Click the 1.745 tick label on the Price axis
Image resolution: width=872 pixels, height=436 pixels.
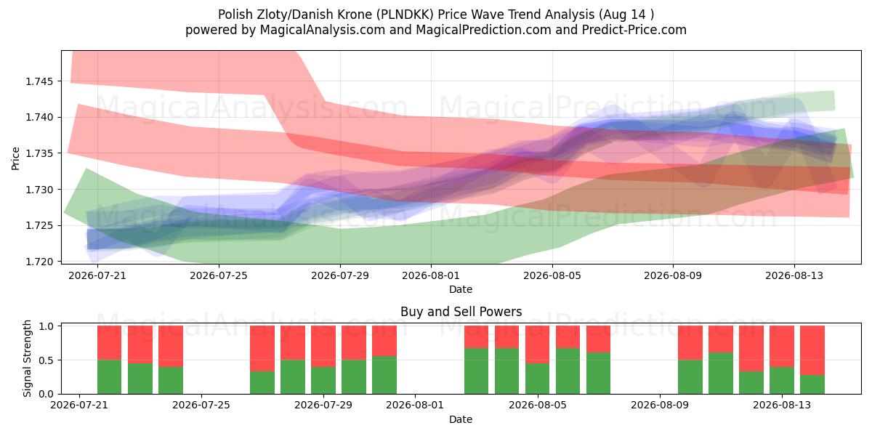39,81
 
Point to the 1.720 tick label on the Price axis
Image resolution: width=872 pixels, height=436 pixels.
39,262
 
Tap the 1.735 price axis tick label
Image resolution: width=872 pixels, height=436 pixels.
39,153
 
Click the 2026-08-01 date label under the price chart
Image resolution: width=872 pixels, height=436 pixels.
431,275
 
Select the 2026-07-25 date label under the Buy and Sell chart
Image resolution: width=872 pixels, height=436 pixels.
201,405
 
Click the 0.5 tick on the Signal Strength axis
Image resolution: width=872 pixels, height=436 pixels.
47,360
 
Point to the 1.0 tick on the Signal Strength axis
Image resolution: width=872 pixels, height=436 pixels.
47,326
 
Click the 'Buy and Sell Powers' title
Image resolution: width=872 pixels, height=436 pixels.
461,312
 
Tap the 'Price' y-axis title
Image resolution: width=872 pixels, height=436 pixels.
15,158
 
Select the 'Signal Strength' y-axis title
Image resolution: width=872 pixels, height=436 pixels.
27,358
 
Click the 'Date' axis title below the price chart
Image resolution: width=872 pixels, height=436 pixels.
461,289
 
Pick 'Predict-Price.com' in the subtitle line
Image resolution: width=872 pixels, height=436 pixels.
634,30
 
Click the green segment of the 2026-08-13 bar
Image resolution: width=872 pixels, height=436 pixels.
782,380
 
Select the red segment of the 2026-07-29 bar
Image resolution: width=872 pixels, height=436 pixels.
323,347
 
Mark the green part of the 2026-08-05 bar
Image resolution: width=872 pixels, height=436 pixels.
537,379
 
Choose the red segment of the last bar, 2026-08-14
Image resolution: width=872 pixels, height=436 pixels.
812,350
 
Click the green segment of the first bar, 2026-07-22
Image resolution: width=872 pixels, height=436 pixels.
110,377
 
